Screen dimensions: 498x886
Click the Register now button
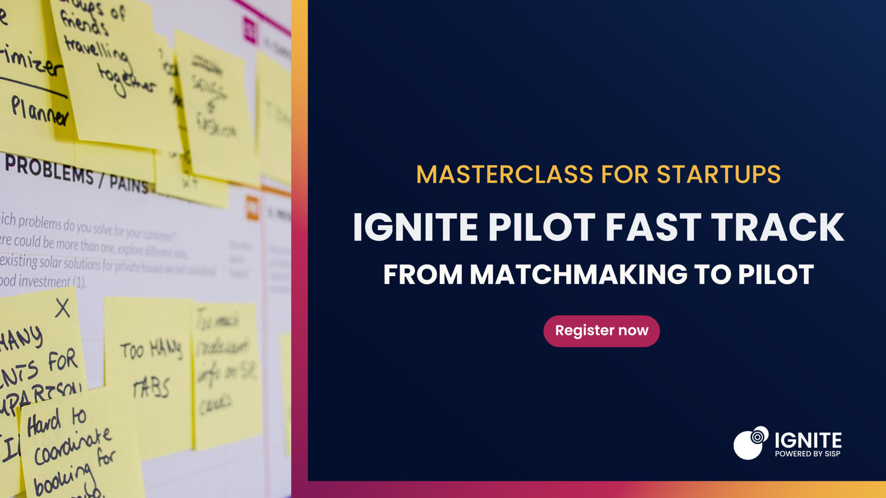tap(601, 331)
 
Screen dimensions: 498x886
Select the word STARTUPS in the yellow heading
tap(718, 174)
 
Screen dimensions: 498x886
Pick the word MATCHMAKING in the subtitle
tap(578, 274)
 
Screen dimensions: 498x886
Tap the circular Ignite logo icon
tap(750, 443)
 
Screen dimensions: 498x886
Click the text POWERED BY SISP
tap(807, 454)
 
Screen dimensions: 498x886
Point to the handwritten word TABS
tap(151, 389)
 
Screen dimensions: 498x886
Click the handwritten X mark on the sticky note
tap(62, 308)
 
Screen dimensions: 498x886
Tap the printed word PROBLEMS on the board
tap(49, 169)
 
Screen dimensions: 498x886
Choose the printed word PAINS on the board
tap(128, 183)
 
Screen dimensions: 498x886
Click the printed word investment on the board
tap(44, 281)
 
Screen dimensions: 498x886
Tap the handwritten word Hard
tap(43, 423)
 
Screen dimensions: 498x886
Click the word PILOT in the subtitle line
tap(776, 274)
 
